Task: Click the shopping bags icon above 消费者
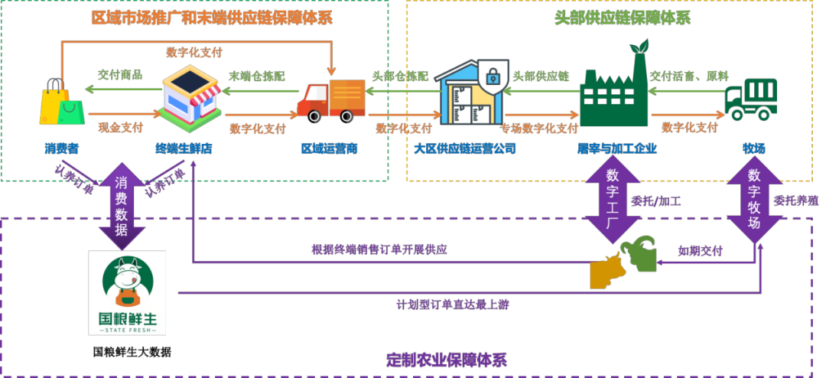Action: click(x=61, y=101)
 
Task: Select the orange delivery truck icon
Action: click(x=332, y=99)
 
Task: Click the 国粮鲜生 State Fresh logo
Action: click(x=128, y=293)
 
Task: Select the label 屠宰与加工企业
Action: click(x=617, y=148)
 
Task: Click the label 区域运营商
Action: click(x=329, y=148)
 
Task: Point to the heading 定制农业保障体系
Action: click(x=447, y=360)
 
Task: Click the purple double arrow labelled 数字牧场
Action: click(x=753, y=203)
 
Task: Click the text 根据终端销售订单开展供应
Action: click(x=379, y=249)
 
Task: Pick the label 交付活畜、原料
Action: click(x=688, y=77)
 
